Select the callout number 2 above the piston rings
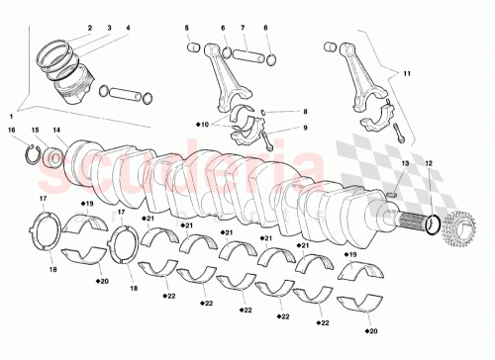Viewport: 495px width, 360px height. pyautogui.click(x=88, y=29)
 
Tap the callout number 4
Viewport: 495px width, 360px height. pyautogui.click(x=126, y=29)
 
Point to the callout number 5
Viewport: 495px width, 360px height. pyautogui.click(x=187, y=29)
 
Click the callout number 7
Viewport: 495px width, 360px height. pyautogui.click(x=243, y=29)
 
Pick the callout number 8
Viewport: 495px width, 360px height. pyautogui.click(x=306, y=113)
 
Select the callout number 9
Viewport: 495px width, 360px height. pyautogui.click(x=306, y=128)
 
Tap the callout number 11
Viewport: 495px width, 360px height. pyautogui.click(x=405, y=73)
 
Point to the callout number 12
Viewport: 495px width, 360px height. pyautogui.click(x=428, y=162)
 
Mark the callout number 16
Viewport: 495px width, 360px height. pyautogui.click(x=12, y=130)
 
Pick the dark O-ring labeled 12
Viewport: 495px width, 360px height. pyautogui.click(x=430, y=227)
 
